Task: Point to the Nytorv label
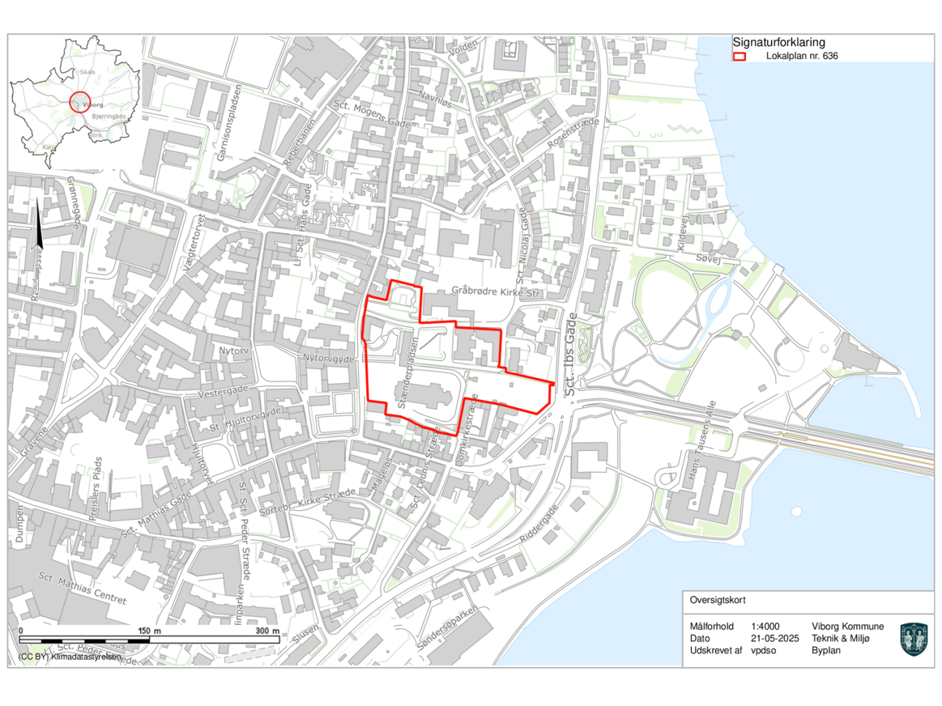pos(232,351)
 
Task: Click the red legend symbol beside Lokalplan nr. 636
pos(739,57)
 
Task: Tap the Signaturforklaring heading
pos(779,42)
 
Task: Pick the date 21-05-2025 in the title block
pos(775,638)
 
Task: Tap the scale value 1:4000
pos(765,627)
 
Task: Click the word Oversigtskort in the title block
pos(718,601)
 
